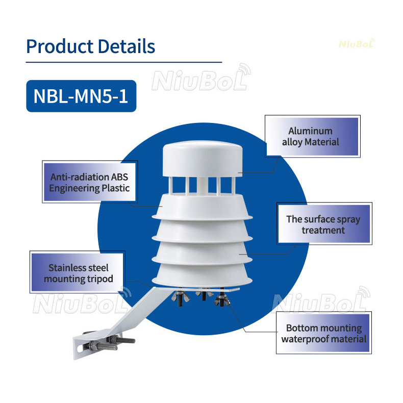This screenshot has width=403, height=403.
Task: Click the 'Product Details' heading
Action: (x=90, y=46)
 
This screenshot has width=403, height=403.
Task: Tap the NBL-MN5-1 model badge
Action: (x=81, y=96)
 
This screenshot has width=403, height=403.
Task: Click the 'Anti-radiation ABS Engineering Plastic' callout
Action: (x=90, y=183)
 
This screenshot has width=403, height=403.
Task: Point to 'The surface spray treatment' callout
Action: (x=323, y=224)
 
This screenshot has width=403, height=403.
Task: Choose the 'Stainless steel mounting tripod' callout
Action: (x=78, y=273)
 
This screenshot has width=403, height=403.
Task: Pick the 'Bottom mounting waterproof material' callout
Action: (x=323, y=333)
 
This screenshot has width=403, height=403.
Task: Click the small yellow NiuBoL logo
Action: (x=357, y=44)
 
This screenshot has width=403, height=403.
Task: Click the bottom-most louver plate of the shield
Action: (x=203, y=275)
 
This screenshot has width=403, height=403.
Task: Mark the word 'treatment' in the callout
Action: (x=323, y=230)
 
